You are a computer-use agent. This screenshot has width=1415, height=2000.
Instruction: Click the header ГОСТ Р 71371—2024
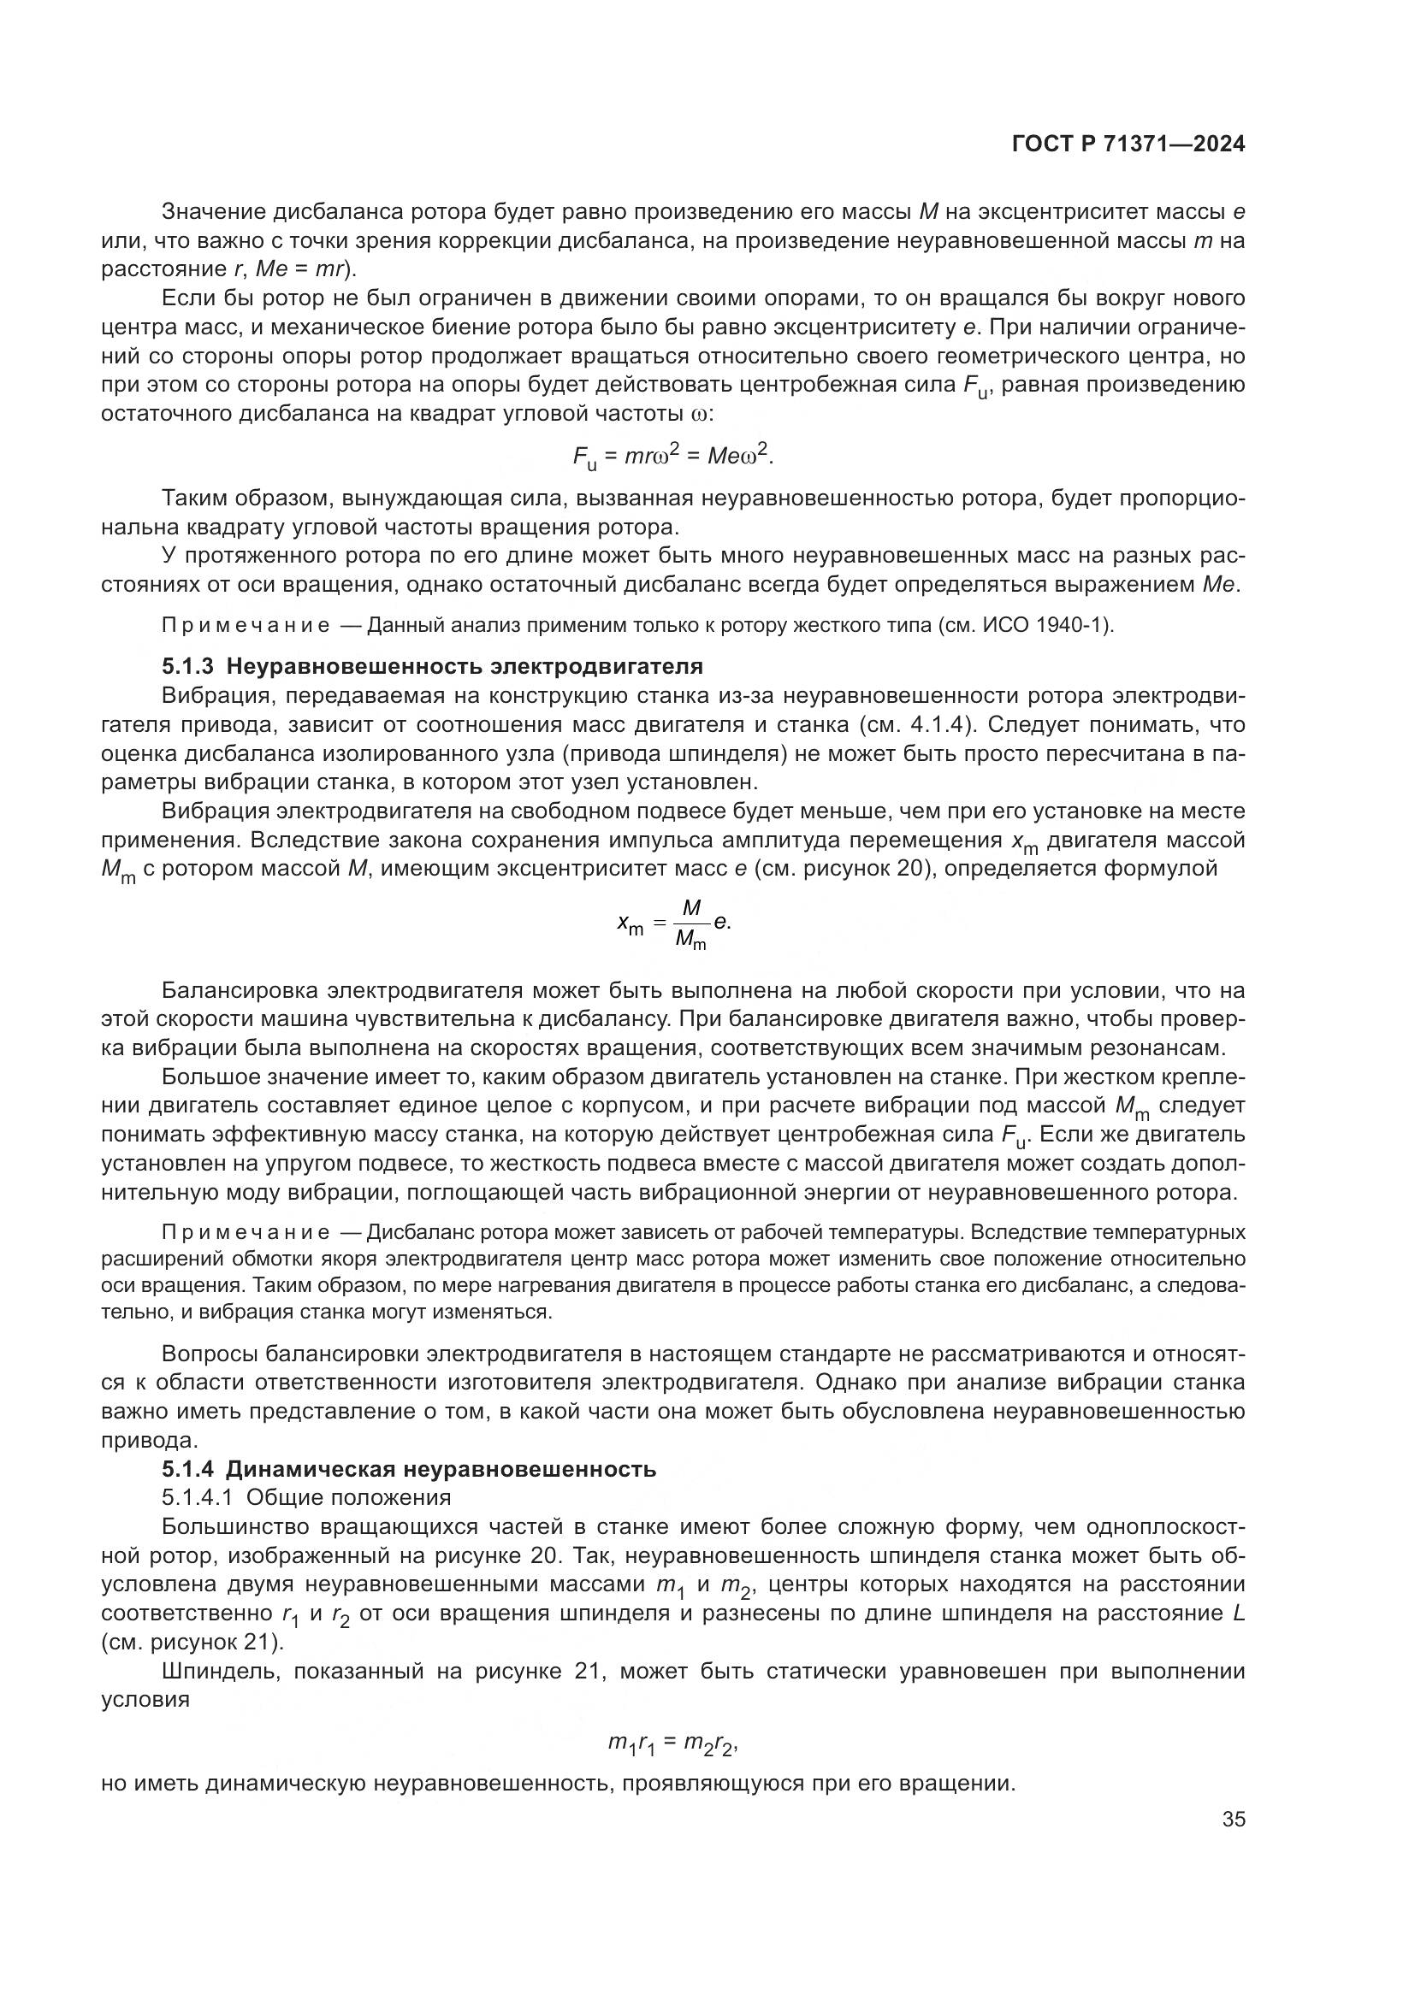click(1128, 145)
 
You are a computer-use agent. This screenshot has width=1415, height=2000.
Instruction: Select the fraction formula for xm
click(673, 926)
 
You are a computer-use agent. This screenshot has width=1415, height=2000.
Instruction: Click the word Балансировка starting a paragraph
click(240, 991)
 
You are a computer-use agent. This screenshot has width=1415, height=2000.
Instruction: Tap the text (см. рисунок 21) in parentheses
click(192, 1643)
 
